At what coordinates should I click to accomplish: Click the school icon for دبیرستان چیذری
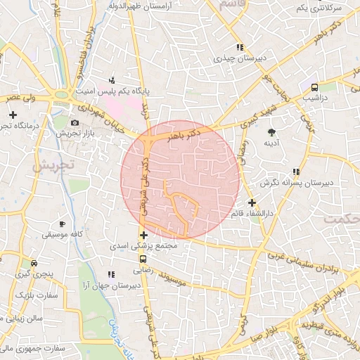pos(240,47)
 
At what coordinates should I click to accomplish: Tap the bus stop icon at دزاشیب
pos(314,88)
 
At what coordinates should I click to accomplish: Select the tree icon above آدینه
pos(271,131)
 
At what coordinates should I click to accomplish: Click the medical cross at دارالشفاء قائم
pos(252,202)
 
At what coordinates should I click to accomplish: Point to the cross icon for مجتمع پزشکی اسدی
pos(143,235)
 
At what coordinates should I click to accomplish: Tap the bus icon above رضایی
pos(143,258)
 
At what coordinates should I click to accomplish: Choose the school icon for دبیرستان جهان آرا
pos(110,274)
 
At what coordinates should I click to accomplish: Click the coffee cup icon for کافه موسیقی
pos(63,224)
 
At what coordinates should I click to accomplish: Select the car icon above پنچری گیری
pos(34,263)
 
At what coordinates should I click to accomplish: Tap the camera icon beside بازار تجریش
pos(75,122)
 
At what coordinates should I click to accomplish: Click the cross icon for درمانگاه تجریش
pos(12,114)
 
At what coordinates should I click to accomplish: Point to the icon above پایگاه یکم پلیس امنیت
pos(112,80)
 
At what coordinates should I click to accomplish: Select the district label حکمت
pos(341,219)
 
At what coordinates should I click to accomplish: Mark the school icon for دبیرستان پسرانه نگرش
pos(296,171)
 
